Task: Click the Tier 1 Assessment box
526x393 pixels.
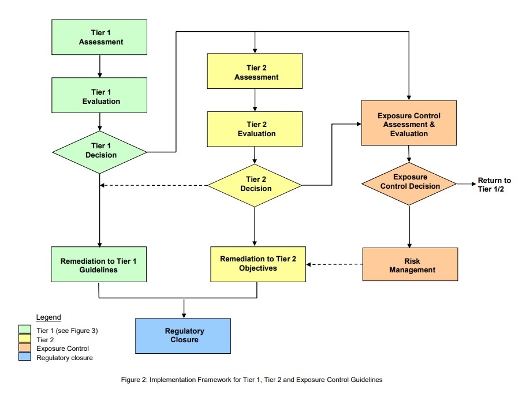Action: point(100,38)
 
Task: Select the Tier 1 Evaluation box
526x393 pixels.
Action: point(100,96)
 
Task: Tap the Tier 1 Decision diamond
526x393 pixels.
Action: point(100,151)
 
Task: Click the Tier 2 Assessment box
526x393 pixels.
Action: point(255,72)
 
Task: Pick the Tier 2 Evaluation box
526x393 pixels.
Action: point(255,129)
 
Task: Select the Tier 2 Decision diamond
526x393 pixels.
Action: point(255,184)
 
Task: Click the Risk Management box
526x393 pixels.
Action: point(410,265)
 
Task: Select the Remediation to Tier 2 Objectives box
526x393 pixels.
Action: point(258,264)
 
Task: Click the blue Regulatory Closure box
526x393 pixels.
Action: point(183,335)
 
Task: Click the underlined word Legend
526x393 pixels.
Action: point(48,317)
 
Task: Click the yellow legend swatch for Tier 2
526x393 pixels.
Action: point(24,339)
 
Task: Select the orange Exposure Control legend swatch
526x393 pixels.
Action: point(24,349)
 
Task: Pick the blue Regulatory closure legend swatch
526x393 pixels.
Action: point(24,358)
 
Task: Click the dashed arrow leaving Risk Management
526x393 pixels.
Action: point(335,265)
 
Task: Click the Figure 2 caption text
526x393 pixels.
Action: point(251,380)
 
